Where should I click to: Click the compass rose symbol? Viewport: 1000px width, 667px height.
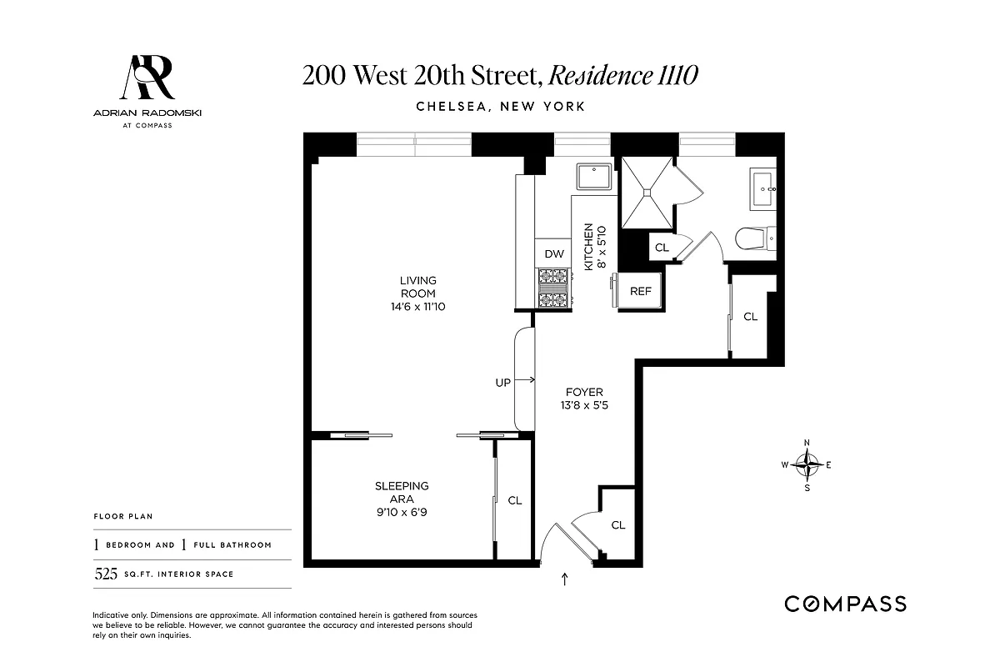[807, 464]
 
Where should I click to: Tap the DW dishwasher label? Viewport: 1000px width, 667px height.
[554, 253]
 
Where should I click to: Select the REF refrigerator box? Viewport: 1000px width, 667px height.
[640, 292]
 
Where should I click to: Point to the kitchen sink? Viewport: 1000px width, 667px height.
[595, 178]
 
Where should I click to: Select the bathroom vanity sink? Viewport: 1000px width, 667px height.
[764, 188]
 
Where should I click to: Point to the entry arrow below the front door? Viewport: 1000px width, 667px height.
[566, 579]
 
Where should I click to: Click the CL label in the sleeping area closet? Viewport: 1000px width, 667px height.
[515, 500]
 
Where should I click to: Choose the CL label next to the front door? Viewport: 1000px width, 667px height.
[617, 525]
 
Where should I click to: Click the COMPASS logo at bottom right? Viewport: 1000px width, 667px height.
[845, 604]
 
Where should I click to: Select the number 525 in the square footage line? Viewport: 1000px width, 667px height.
[105, 574]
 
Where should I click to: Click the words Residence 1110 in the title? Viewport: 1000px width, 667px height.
[623, 76]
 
